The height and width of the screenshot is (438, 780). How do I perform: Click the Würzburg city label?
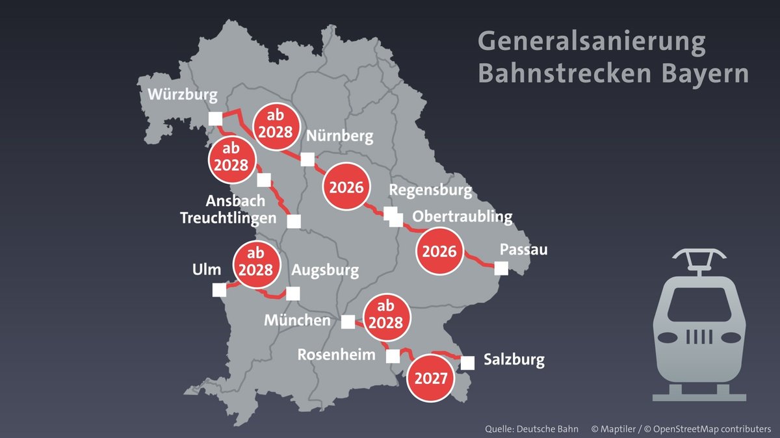click(181, 96)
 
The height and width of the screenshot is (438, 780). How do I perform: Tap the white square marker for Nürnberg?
click(307, 159)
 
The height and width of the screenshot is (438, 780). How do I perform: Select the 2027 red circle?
click(430, 378)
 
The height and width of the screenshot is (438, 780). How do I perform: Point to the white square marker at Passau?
click(501, 268)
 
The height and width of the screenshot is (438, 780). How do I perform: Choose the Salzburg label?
click(514, 360)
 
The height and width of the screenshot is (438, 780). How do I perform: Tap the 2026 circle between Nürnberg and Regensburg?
click(346, 187)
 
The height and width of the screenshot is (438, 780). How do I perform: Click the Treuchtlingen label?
click(228, 218)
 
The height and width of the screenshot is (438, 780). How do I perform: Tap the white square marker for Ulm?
click(220, 289)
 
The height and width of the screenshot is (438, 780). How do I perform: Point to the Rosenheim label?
click(337, 355)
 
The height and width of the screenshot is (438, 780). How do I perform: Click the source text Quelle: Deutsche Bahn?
click(530, 430)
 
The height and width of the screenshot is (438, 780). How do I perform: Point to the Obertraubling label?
click(462, 216)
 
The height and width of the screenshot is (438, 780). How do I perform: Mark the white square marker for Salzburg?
click(467, 363)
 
